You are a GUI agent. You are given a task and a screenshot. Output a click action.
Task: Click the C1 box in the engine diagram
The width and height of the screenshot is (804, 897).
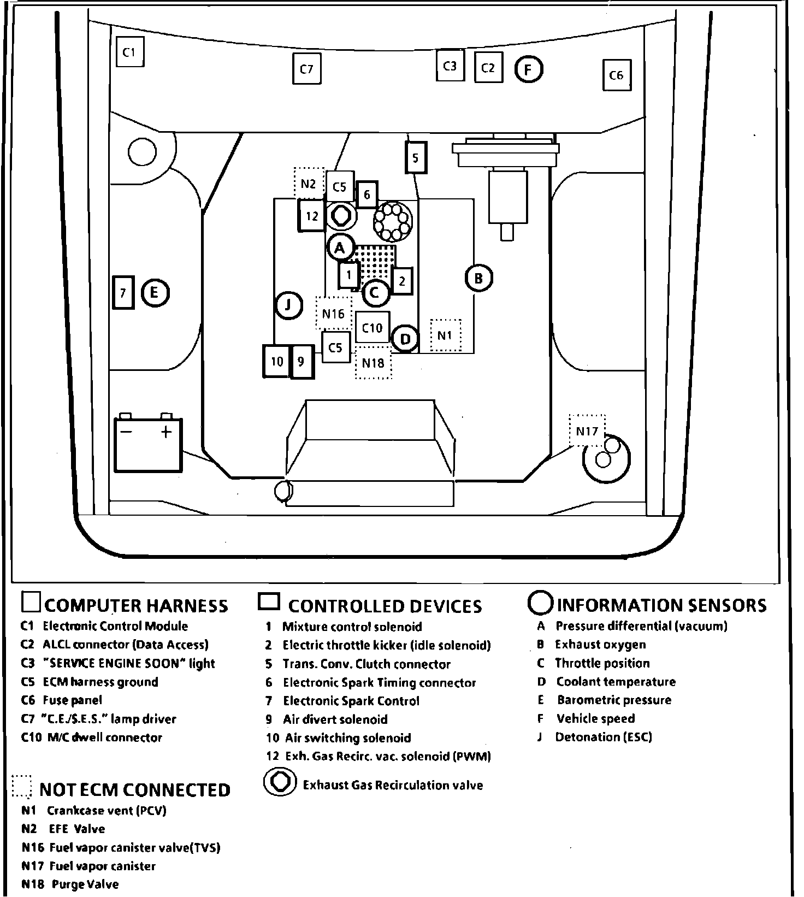coord(129,52)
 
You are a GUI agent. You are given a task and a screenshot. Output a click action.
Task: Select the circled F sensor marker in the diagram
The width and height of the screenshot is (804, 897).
coord(528,69)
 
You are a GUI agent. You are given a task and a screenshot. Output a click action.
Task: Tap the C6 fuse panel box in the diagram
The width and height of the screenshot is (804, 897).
coord(616,75)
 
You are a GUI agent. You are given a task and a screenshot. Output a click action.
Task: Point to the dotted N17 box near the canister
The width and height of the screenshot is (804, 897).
coord(587,431)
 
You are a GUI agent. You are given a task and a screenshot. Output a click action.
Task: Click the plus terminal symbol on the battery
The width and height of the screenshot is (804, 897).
coord(165,432)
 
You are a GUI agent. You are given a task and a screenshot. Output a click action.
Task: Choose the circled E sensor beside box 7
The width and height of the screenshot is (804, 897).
coord(155,293)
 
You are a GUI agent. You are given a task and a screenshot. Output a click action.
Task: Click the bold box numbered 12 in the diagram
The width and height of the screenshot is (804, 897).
coord(311,216)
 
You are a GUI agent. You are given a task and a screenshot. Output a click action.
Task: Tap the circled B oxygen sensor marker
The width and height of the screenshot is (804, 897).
coord(478,279)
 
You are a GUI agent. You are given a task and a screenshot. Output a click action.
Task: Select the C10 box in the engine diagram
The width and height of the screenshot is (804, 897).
coord(373,328)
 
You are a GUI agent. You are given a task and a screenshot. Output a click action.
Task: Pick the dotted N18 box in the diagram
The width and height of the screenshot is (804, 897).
coord(373,363)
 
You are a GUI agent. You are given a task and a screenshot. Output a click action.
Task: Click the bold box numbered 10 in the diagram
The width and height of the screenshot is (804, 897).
coord(277,361)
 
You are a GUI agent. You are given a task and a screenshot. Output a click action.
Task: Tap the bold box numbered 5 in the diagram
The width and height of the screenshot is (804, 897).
coord(415,158)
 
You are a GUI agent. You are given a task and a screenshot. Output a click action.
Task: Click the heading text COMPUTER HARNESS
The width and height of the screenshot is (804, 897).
coord(136,605)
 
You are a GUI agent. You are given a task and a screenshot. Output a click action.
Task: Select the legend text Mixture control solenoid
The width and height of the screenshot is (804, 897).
coord(352,627)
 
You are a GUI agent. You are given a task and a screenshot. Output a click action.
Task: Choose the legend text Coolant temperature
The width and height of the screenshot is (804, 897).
coord(616,682)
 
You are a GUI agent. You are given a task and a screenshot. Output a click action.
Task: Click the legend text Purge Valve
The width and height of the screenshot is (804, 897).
coord(85,884)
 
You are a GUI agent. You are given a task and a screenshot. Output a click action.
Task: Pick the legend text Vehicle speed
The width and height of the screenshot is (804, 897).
coord(595,718)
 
